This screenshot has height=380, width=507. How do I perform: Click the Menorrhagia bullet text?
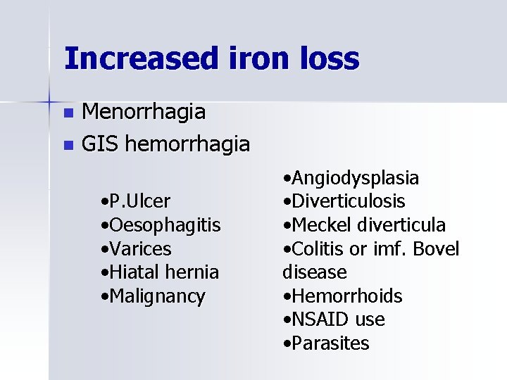pyautogui.click(x=144, y=111)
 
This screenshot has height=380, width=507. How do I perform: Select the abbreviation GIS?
pyautogui.click(x=99, y=145)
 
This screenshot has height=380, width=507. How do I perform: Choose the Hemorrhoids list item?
pyautogui.click(x=342, y=296)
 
